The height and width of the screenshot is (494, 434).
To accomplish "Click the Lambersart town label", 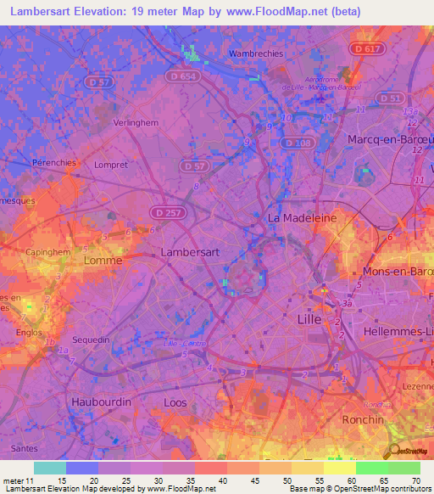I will point(191,252).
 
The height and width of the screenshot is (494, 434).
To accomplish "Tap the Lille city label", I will point(311,319).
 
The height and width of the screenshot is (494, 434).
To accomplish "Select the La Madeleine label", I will point(303,217).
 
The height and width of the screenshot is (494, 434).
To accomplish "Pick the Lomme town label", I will point(103,261).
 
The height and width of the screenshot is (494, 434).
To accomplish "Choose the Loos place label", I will point(175,402).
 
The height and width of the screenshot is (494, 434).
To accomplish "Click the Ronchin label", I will point(363,419).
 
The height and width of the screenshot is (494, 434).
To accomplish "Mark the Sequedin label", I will point(92,340).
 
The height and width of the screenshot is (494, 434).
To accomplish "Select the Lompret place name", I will point(111,165).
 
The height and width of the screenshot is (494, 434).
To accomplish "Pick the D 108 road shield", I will point(298,143).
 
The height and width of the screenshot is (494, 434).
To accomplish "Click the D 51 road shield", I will point(391,98).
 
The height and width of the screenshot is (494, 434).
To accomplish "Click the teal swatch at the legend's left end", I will point(50,468).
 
